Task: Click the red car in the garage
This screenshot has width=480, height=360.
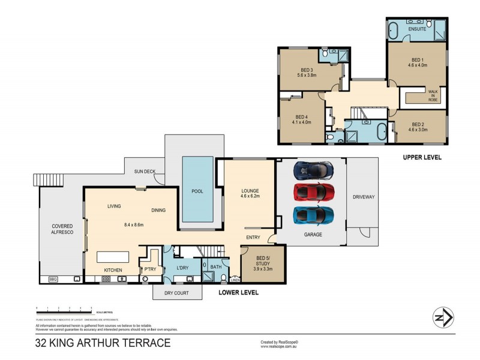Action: coord(314,193)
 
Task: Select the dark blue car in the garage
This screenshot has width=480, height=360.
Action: coord(314,170)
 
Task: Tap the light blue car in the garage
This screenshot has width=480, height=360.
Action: coord(314,215)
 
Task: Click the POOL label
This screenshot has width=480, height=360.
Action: coord(197,191)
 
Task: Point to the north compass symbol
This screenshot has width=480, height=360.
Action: coord(442,317)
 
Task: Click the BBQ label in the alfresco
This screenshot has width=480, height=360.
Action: coord(53,279)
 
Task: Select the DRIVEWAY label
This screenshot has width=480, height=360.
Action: coord(363,197)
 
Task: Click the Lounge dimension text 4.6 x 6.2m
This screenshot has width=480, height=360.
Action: coord(249,196)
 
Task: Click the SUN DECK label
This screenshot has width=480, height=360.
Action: coord(145,172)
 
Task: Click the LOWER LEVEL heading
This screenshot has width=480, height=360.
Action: coord(238,293)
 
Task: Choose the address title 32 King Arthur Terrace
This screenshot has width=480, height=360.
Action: coord(103,343)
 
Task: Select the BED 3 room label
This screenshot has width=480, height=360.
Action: coord(305,70)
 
